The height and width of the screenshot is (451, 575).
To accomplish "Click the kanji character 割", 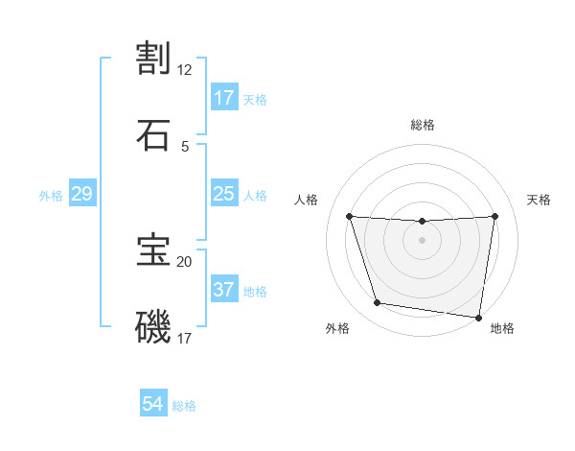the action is point(153,59).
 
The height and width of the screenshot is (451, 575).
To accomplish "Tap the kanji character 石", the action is point(153,133).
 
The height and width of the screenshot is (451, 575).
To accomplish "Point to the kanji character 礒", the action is point(153,325).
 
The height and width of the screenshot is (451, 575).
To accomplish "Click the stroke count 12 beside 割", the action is point(185,70).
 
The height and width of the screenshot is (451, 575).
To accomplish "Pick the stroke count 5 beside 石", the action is point(185,146).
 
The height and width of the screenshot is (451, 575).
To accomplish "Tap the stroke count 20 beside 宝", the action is point(185,261).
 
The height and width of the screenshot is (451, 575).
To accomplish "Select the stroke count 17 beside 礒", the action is point(185,338).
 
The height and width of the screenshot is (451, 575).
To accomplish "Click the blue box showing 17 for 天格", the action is point(224,98).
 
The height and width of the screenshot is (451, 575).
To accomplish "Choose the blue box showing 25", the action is point(224,195).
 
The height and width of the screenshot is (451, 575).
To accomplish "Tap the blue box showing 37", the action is point(224,290).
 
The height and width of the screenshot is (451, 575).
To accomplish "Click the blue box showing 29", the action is point(82,195).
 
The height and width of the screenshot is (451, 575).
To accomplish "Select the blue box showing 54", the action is point(153,405).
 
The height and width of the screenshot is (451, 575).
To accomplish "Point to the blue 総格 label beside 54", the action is point(184,406).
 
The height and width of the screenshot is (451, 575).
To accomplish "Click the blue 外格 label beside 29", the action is point(51,196).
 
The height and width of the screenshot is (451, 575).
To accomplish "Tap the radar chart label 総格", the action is point(423,125).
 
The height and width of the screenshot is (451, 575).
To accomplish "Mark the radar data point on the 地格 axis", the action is point(479,317).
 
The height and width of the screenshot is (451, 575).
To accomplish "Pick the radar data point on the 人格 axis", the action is point(349,216).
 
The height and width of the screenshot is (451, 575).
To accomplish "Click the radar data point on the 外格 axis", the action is point(377,303).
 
